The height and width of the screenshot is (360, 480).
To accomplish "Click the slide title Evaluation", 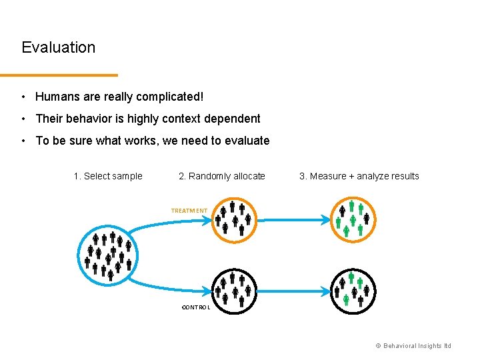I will point(59,47).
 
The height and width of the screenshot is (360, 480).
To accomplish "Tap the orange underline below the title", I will point(59,75).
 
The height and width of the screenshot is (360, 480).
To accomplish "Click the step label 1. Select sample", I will point(108,176).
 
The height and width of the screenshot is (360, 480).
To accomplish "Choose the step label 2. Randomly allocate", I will point(222,176).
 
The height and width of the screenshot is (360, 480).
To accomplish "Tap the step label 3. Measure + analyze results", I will point(359,176).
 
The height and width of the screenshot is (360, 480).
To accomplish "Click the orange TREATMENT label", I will point(189,211).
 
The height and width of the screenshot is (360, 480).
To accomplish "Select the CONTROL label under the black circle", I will point(196,307).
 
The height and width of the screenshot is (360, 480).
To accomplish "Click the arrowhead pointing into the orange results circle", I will point(325,219).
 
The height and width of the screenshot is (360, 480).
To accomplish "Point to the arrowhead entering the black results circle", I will point(325,291).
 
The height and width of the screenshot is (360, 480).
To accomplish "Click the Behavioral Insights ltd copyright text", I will point(413,345).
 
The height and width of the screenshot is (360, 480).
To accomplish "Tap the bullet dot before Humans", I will point(23,97).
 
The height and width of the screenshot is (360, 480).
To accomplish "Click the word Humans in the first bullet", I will point(55,97).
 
